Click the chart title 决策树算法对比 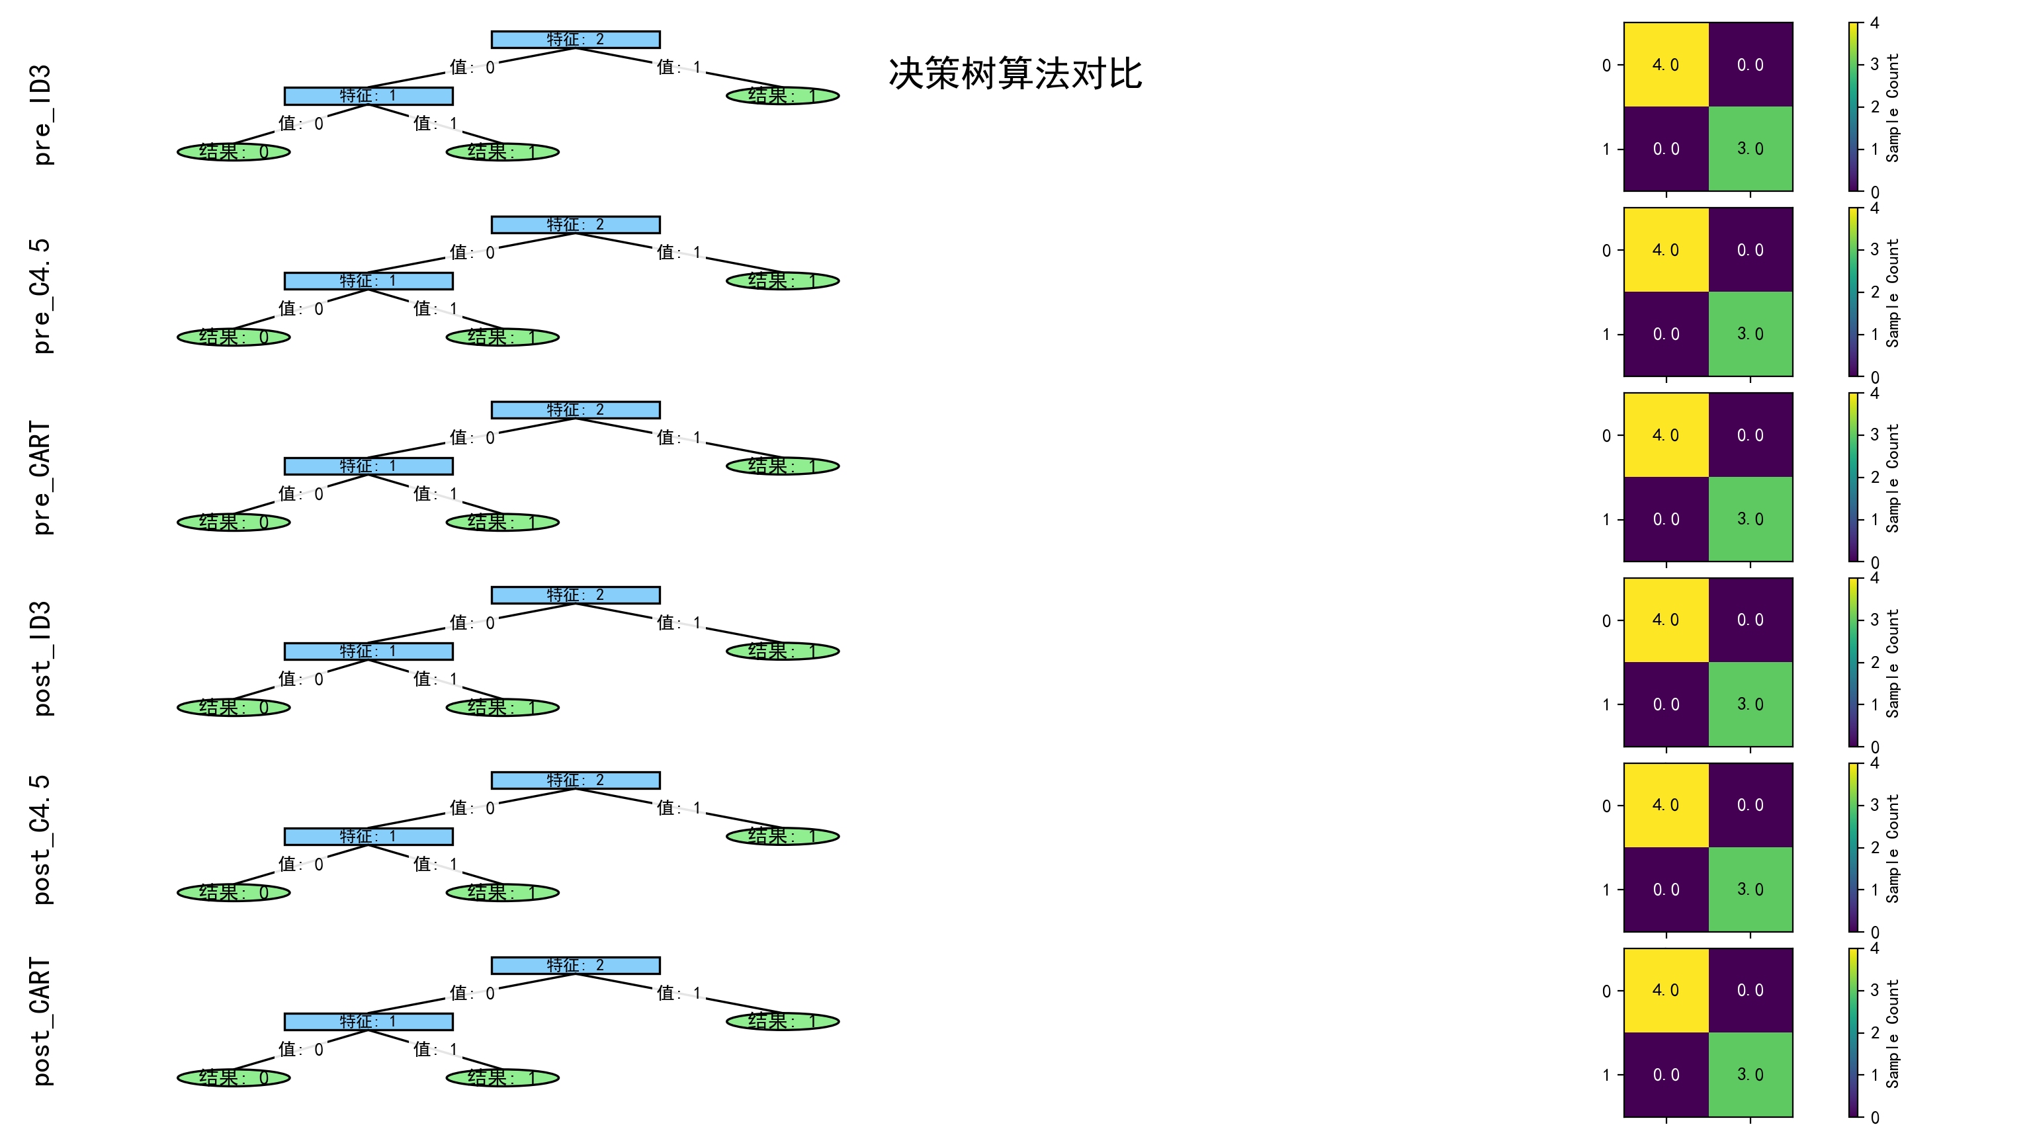tap(1015, 73)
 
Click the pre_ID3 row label tap(41, 114)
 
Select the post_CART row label tap(41, 1021)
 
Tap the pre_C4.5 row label tap(41, 296)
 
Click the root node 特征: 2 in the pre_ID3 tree tap(576, 40)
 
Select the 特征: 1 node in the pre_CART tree tap(368, 466)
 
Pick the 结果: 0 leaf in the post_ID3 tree tap(234, 707)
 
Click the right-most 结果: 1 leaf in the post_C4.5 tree tap(782, 835)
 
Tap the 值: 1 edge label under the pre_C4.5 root tap(679, 252)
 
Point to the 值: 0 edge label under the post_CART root tap(472, 993)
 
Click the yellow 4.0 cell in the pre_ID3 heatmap tap(1665, 65)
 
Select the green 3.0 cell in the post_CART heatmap tap(1750, 1074)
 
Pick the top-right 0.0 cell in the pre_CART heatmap tap(1750, 435)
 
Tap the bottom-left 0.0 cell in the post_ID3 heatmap tap(1665, 704)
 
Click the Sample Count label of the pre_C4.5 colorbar tap(1892, 292)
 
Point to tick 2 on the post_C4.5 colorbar tap(1875, 847)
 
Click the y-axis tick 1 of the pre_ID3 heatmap tap(1606, 149)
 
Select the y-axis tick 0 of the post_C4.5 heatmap tap(1606, 806)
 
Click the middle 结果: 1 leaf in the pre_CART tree tap(502, 522)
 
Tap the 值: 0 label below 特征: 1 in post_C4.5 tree tap(300, 864)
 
